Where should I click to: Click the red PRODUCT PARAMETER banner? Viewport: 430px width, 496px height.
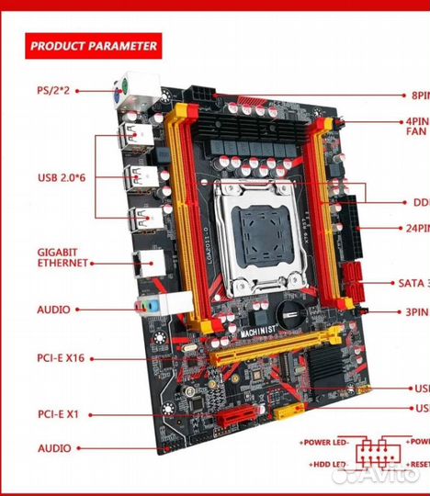[x=93, y=45]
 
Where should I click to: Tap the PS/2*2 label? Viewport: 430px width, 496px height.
[x=56, y=90]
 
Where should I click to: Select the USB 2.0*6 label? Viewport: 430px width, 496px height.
[x=61, y=176]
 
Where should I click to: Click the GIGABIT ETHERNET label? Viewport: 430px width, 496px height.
[x=62, y=256]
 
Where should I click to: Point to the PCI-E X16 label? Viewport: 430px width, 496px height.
[x=63, y=357]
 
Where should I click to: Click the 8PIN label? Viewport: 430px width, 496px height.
[x=419, y=95]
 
